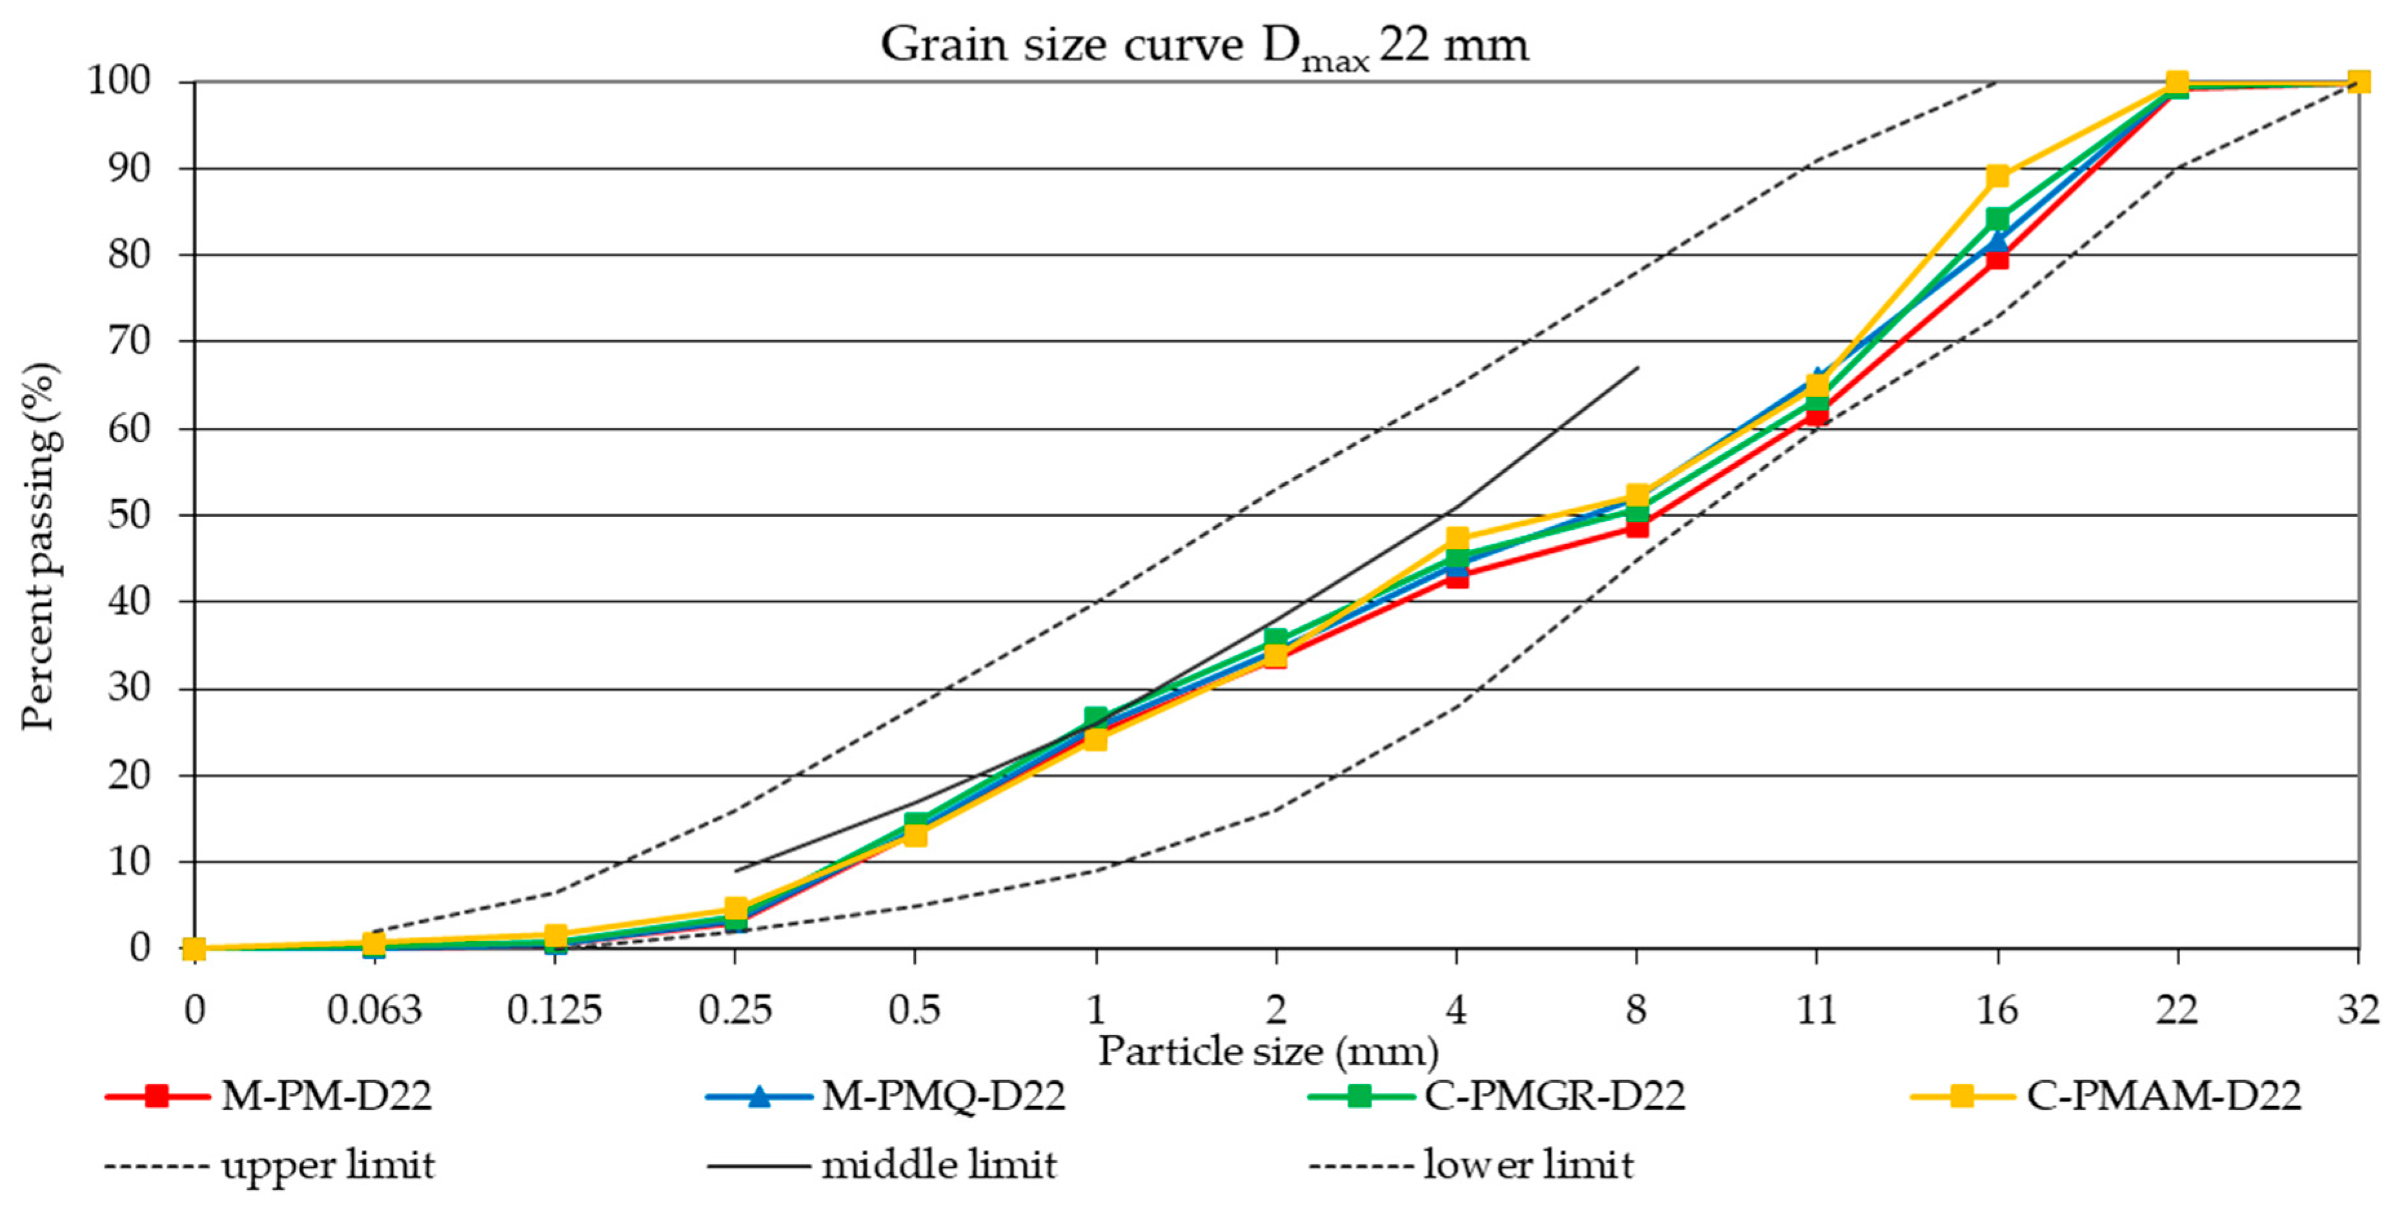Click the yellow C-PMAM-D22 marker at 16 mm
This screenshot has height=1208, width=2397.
tap(1997, 176)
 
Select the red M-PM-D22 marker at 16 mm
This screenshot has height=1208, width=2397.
tap(1997, 257)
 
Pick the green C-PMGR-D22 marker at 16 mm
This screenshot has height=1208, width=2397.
tap(1997, 219)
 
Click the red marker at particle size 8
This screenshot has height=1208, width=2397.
tap(1637, 527)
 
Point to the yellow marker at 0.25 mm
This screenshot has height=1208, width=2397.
tap(735, 907)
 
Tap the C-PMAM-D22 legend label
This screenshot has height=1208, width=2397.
tap(2163, 1095)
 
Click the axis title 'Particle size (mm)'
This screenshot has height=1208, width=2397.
tap(1268, 1052)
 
